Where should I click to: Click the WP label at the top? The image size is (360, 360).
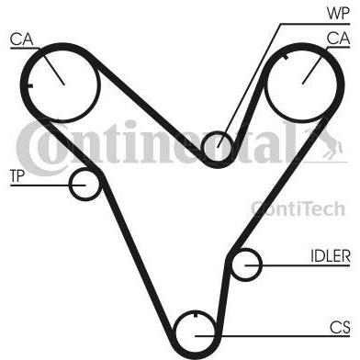point(338,13)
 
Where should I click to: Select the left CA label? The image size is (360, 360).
point(21,39)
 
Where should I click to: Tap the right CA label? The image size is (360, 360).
point(338,39)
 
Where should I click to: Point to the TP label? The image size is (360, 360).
point(17,176)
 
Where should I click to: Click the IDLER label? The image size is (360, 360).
point(331,256)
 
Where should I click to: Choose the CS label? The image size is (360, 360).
point(340,328)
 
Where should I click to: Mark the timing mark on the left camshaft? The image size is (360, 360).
point(29,85)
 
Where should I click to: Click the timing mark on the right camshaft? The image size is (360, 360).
point(286,56)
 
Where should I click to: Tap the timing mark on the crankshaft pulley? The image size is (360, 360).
point(196,314)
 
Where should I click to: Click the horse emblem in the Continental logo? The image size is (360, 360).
point(327,143)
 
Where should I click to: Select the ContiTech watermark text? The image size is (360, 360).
point(298,208)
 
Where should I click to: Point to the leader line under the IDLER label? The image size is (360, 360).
point(298,265)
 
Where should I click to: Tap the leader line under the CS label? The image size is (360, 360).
point(273,336)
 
